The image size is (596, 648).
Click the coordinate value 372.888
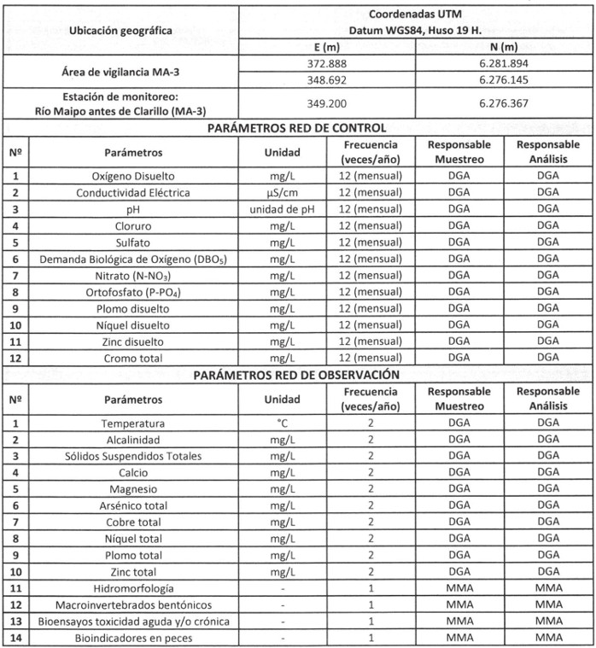pyautogui.click(x=328, y=64)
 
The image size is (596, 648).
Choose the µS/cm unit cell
pyautogui.click(x=282, y=193)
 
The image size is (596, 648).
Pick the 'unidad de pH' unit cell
pyautogui.click(x=282, y=209)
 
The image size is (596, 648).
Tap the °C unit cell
pyautogui.click(x=282, y=423)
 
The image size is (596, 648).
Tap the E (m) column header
pyautogui.click(x=328, y=47)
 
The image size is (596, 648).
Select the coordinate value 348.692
pyautogui.click(x=328, y=80)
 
